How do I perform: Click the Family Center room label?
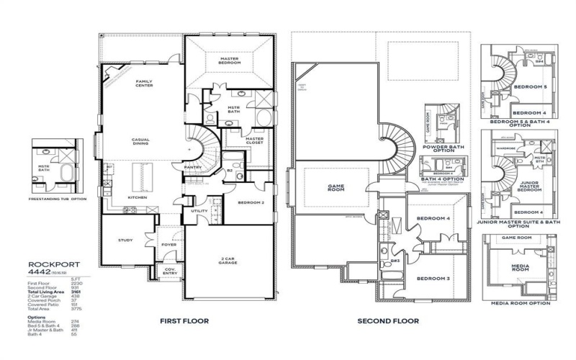tap(144, 85)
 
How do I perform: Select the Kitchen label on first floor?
tap(138, 197)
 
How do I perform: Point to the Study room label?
tap(126, 240)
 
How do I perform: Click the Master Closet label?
tap(254, 141)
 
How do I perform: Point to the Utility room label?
tap(199, 211)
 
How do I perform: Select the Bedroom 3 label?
tap(433, 279)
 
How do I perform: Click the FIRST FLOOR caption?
tap(184, 320)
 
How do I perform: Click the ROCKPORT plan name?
tap(48, 264)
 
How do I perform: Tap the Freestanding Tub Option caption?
tap(57, 199)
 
